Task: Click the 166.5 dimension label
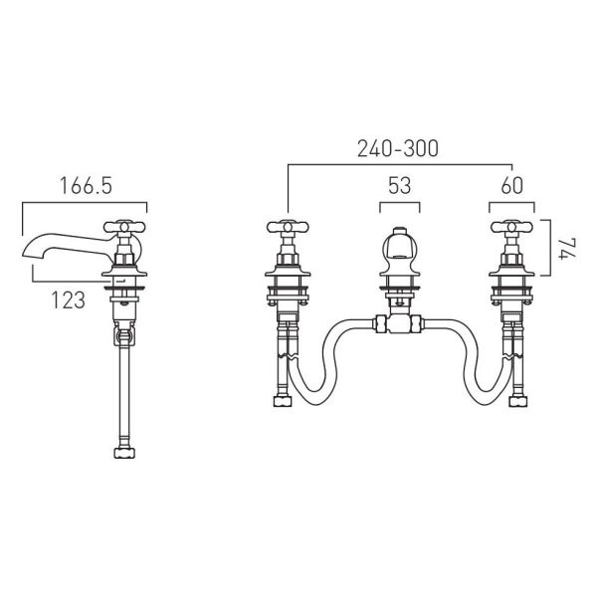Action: (86, 186)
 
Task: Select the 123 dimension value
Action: (68, 300)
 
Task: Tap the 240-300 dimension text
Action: (398, 148)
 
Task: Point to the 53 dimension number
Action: (400, 186)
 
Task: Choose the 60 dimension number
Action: (512, 186)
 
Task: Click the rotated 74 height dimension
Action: (567, 249)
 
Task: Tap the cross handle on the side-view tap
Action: (124, 227)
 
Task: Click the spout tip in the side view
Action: (27, 255)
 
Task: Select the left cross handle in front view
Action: (288, 227)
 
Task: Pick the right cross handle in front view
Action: (511, 227)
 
